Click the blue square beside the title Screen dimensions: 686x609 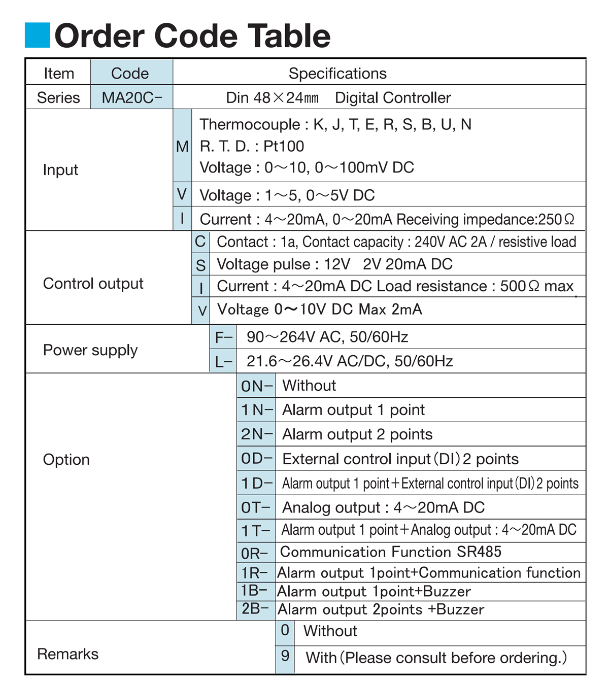[38, 35]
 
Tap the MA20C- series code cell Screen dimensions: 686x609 [131, 97]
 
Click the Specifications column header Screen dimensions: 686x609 [337, 74]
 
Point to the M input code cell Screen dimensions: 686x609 [182, 147]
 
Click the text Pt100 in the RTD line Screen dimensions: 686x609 [284, 146]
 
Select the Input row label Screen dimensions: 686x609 [60, 170]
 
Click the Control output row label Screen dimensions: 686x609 [93, 284]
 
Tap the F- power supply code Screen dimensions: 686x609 [223, 337]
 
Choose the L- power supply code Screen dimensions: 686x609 [223, 361]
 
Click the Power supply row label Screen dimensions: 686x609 [90, 350]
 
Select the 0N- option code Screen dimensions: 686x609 [256, 386]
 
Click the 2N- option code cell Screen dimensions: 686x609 [256, 434]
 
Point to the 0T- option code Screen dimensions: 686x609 [256, 507]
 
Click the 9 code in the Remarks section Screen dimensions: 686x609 [285, 656]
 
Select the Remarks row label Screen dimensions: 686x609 [67, 654]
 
